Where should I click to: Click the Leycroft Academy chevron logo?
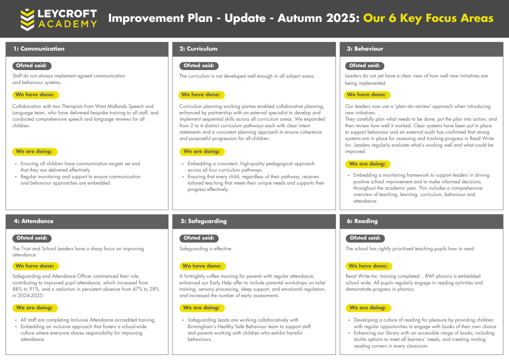(27, 19)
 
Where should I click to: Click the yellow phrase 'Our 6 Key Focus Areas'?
(428, 19)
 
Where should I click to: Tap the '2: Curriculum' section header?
(198, 49)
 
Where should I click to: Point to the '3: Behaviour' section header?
(365, 49)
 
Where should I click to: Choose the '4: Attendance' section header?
(33, 221)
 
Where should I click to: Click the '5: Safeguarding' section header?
(203, 221)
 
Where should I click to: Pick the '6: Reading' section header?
(361, 221)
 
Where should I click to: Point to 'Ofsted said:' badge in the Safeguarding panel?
(199, 238)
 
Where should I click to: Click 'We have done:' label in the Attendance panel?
(34, 266)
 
